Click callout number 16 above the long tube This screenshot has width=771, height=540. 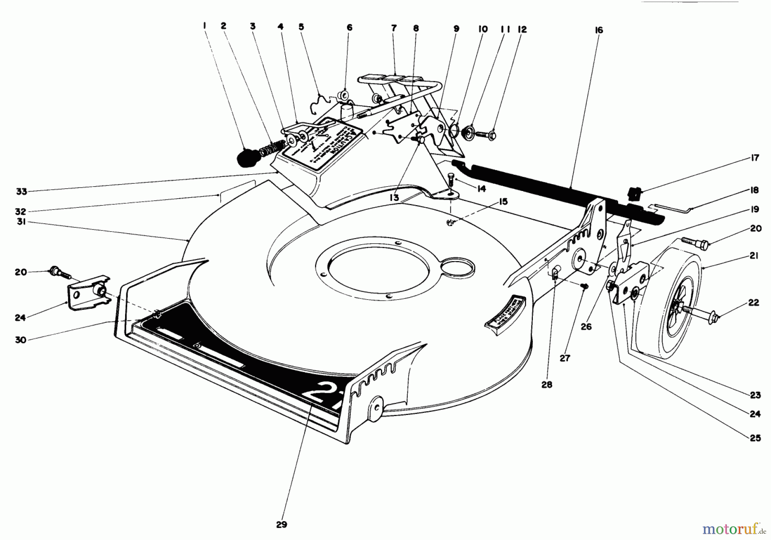[598, 30]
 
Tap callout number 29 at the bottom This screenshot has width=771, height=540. [281, 524]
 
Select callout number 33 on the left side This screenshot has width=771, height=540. [21, 191]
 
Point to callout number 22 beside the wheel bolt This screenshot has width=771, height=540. [753, 302]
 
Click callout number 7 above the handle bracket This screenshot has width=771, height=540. [394, 28]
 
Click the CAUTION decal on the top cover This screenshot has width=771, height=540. [326, 141]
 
